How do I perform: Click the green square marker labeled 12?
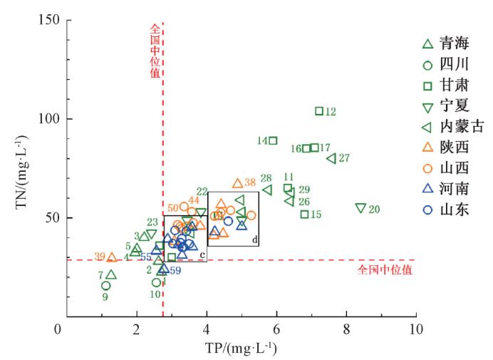coord(319,110)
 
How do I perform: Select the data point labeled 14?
coord(273,140)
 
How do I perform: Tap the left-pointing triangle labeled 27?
coord(331,158)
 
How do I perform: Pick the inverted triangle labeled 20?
coord(360,208)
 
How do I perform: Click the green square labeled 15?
coord(305,214)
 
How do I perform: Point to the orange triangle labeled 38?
coord(238,183)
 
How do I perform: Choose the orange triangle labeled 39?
coord(112,257)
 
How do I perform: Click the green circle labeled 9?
coord(105,286)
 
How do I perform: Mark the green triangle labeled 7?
coord(111,274)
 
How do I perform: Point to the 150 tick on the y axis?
coord(48,20)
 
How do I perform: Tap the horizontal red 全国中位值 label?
coord(385,270)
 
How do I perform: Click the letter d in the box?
coord(254,240)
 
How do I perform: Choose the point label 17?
coord(326,148)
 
